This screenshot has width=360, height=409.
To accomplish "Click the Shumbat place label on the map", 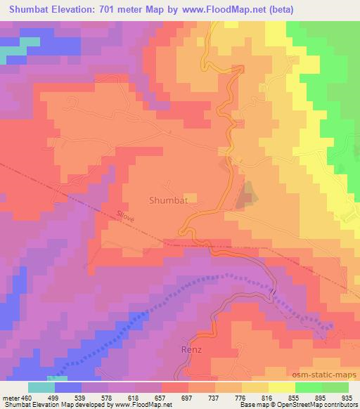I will pyautogui.click(x=167, y=200).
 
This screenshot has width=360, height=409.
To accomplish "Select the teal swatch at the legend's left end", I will pyautogui.click(x=41, y=387).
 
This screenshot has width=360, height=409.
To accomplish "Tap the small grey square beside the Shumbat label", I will pyautogui.click(x=188, y=197).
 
